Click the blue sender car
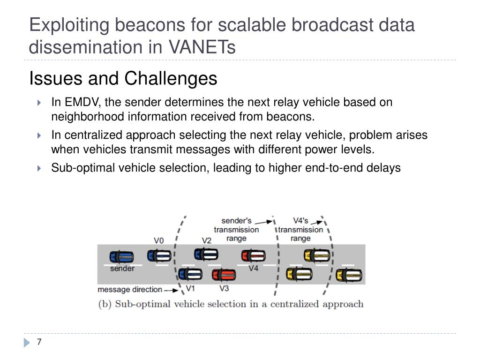tap(122, 257)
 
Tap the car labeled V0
tap(159, 255)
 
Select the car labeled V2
tap(206, 254)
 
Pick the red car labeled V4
tap(253, 255)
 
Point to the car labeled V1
tap(190, 273)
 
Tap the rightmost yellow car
tap(349, 275)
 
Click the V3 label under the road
tap(224, 288)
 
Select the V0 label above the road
tap(159, 240)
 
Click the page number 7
tap(39, 342)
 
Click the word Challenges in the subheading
tap(171, 78)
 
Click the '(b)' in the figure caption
tap(105, 304)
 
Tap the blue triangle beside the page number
tap(27, 343)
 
